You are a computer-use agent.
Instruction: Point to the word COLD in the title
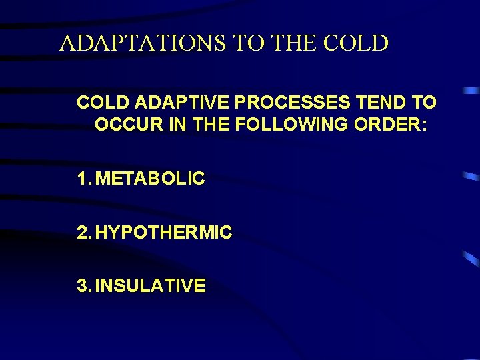pyautogui.click(x=356, y=43)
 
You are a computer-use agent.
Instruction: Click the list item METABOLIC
pyautogui.click(x=151, y=179)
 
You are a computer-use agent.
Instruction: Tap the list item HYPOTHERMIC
pyautogui.click(x=163, y=233)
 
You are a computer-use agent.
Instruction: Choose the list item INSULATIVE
pyautogui.click(x=150, y=286)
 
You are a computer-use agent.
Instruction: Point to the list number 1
pyautogui.click(x=81, y=179)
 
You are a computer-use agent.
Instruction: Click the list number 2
pyautogui.click(x=82, y=233)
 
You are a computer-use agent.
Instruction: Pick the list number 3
pyautogui.click(x=82, y=286)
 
